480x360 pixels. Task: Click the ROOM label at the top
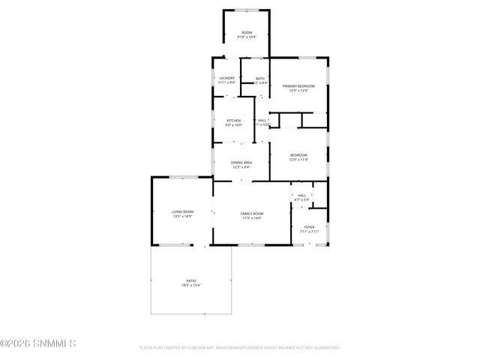[246, 32]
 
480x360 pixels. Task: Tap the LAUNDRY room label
[227, 78]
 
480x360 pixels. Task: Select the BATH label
[260, 78]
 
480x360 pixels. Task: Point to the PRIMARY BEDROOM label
[298, 86]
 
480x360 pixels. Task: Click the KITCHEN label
[234, 120]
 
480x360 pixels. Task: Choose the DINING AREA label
[241, 162]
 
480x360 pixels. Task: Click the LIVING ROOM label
[183, 211]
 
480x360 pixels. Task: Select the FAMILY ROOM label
[251, 214]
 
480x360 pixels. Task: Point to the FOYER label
[309, 226]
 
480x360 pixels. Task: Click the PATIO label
[190, 280]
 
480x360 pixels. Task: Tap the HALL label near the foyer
[301, 195]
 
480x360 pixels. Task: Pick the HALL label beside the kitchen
[262, 120]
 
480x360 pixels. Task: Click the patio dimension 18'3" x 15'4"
[190, 285]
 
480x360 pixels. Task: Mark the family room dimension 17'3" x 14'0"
[251, 218]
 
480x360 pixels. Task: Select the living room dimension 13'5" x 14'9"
[183, 216]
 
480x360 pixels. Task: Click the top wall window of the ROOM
[246, 10]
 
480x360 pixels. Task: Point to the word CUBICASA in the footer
[203, 348]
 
